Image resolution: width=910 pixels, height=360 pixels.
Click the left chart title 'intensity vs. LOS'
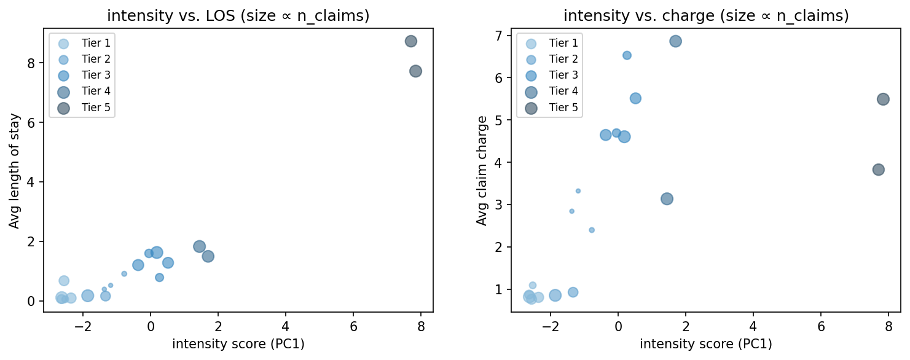pyautogui.click(x=238, y=16)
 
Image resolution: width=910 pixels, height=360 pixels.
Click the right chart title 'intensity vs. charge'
pyautogui.click(x=706, y=16)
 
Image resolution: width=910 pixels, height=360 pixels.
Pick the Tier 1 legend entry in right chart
pyautogui.click(x=549, y=44)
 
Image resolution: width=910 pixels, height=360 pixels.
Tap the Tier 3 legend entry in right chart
pyautogui.click(x=549, y=76)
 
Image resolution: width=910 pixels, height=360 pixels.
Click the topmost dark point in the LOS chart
pyautogui.click(x=411, y=41)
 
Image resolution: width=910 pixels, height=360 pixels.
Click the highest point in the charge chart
pyautogui.click(x=675, y=41)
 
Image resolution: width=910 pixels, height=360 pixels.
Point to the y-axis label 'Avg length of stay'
pyautogui.click(x=14, y=170)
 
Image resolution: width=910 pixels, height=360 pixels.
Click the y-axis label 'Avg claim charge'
pyautogui.click(x=482, y=170)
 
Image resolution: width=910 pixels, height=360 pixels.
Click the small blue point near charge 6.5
pyautogui.click(x=627, y=55)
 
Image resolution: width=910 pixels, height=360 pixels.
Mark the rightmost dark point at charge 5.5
pyautogui.click(x=883, y=99)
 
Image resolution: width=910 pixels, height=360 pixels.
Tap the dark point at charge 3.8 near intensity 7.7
pyautogui.click(x=878, y=170)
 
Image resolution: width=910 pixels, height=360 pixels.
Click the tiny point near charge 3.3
pyautogui.click(x=578, y=191)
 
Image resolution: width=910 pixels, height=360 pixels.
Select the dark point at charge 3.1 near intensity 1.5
pyautogui.click(x=667, y=199)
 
